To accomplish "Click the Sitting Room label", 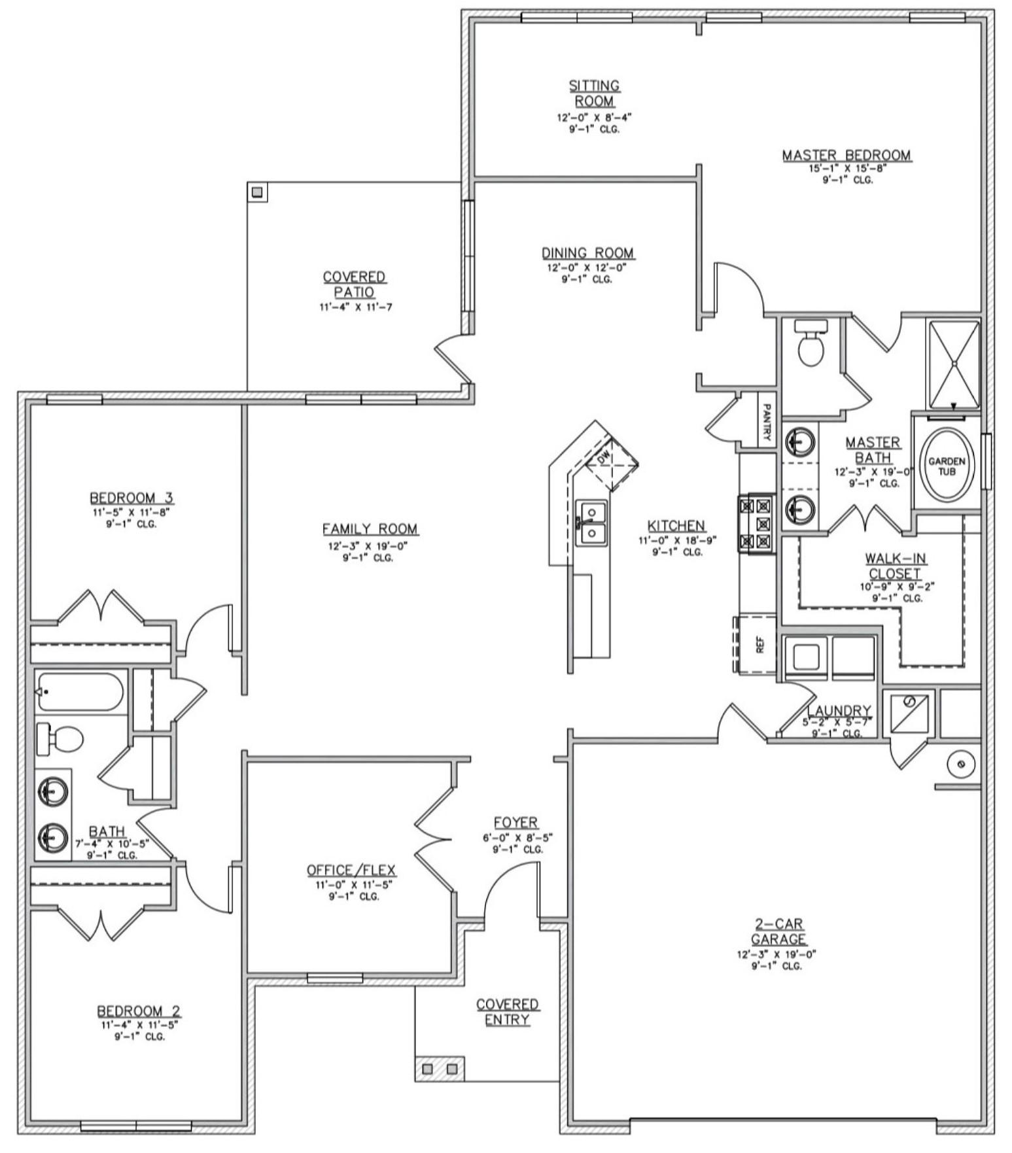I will (x=594, y=94).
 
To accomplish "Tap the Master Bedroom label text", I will (x=846, y=156).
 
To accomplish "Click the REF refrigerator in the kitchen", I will (x=759, y=645).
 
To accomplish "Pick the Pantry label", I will (x=767, y=422).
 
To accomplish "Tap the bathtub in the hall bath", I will (x=80, y=692).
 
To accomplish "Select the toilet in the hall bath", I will (x=60, y=739).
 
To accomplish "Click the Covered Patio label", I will (x=354, y=284).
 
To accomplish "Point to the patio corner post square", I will (x=257, y=192).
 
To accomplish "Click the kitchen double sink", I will (x=591, y=523).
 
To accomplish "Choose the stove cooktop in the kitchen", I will (x=756, y=523).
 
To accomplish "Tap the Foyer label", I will (x=515, y=822).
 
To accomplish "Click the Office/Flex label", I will (x=351, y=870).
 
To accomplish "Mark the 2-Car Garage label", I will (x=778, y=932).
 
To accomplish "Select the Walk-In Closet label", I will (x=895, y=566).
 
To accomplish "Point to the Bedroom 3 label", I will (x=131, y=498).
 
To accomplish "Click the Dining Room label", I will (x=587, y=253).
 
